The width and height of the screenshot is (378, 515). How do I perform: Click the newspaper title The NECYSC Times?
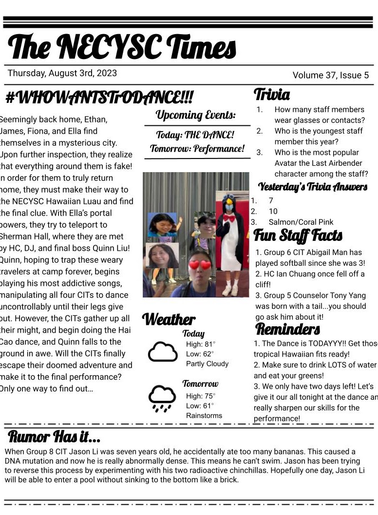122,47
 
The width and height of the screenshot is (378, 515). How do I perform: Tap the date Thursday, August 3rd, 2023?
62,73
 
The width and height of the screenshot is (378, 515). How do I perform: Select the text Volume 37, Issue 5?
330,75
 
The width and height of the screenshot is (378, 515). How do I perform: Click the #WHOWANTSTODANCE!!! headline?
99,98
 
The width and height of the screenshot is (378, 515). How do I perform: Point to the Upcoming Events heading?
195,115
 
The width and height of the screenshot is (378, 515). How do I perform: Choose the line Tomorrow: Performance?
197,148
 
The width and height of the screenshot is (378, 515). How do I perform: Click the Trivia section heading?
272,94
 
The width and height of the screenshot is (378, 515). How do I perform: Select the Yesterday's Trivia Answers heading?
312,186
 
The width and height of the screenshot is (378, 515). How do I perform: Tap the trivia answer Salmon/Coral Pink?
301,222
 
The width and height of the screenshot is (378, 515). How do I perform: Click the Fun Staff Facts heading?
298,236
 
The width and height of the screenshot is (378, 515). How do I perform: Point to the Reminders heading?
287,329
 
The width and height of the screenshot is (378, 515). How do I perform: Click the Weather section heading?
169,319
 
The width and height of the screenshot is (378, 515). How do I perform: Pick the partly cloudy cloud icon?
163,352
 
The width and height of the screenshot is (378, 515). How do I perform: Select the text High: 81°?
201,344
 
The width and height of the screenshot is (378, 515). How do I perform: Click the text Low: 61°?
200,406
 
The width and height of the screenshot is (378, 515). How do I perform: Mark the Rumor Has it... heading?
54,436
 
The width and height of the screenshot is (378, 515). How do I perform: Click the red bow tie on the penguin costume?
229,218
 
